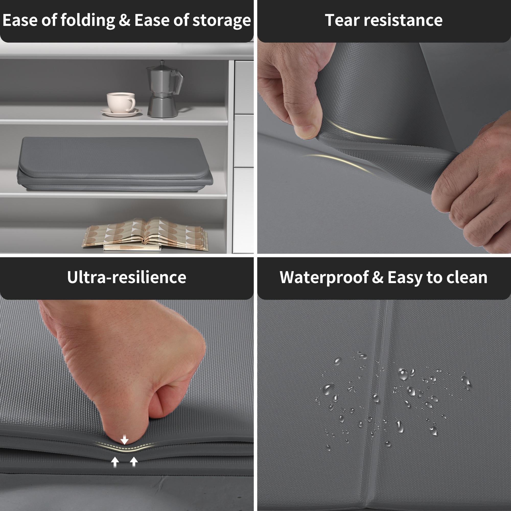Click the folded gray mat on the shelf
pos(115,164)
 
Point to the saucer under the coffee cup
pos(121,112)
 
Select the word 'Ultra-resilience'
pos(127,277)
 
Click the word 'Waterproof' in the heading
pos(324,278)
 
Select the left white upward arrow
pos(115,462)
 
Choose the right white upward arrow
pos(134,461)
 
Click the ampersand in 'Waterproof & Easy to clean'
pos(378,277)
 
